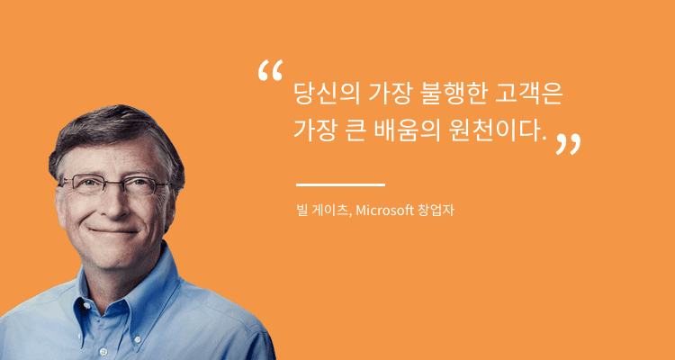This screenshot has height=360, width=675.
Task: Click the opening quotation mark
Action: pos(269,72)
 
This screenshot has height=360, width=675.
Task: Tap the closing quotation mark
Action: pos(568,144)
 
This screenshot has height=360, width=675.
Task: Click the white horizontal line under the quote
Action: pos(340,184)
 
